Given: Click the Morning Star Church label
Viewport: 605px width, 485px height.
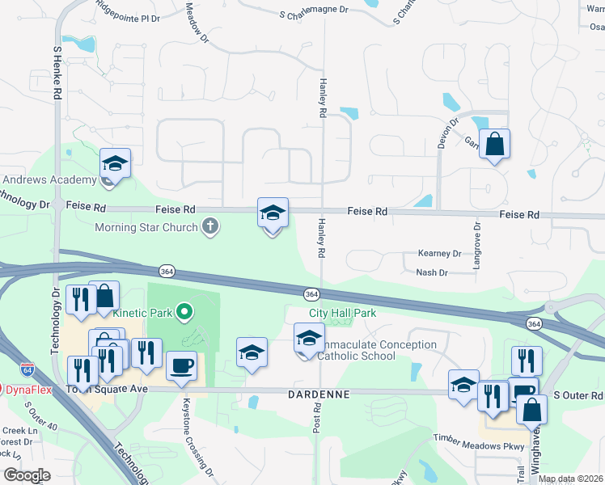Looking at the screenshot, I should tap(146, 227).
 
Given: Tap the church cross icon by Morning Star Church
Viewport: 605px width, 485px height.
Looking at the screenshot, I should tap(210, 226).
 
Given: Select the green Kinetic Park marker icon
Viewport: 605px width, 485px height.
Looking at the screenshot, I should tap(184, 310).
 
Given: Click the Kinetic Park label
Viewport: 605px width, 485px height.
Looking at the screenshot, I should tap(139, 311).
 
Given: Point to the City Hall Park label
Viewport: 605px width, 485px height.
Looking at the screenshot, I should tap(342, 313).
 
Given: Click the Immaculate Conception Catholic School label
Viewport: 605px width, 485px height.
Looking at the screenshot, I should tap(377, 350).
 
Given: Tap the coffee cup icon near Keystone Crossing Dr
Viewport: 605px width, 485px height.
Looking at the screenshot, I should tap(181, 365).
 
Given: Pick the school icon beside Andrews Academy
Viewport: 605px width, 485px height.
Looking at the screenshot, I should tap(115, 164).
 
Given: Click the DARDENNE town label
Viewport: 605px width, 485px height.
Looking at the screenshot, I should tap(318, 394).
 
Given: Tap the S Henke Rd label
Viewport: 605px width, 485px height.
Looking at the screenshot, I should tap(57, 72).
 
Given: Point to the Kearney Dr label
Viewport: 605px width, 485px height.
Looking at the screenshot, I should tap(439, 254).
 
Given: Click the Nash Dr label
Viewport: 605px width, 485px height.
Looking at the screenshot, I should tap(432, 273).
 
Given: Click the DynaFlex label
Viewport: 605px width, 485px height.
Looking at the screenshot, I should tap(29, 390).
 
